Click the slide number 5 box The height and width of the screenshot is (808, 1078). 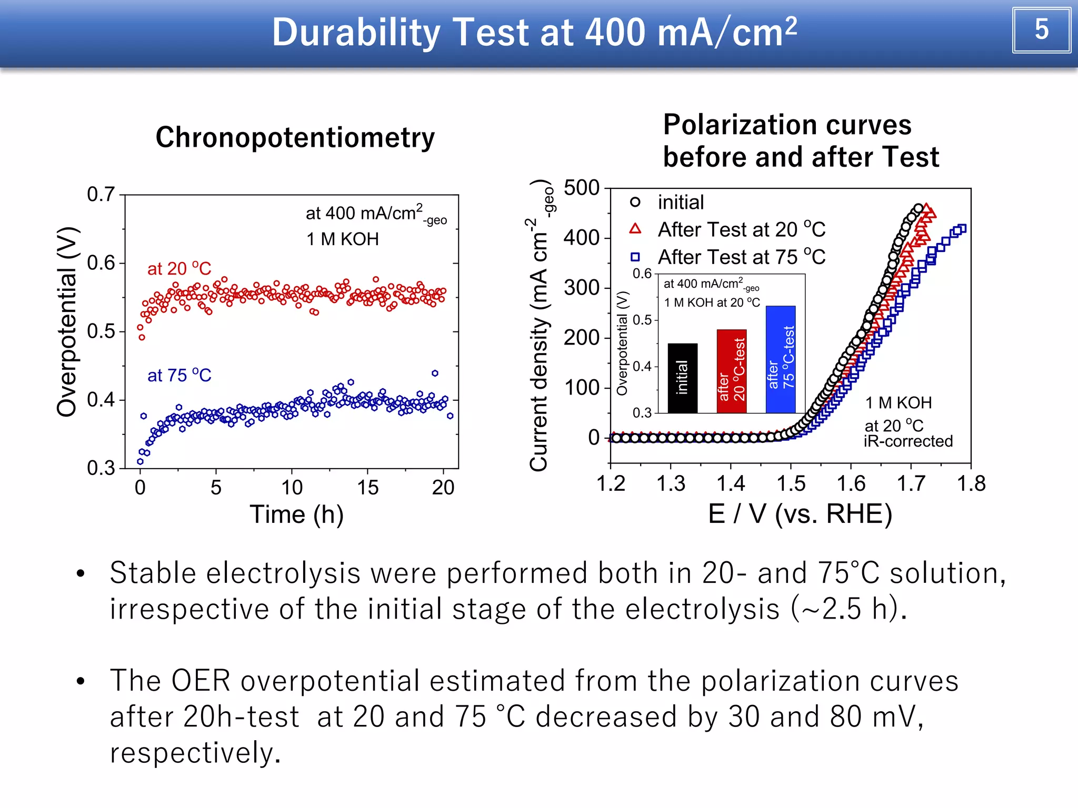click(x=1041, y=30)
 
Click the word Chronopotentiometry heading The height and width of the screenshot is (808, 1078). click(x=295, y=138)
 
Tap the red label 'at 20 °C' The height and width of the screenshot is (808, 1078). click(x=179, y=269)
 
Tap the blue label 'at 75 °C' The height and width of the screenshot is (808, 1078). click(x=179, y=376)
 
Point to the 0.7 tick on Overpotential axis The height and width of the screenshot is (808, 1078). click(x=101, y=195)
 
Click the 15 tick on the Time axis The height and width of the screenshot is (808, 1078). click(x=367, y=488)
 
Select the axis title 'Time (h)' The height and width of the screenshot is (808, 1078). click(x=296, y=514)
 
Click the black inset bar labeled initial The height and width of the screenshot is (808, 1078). click(x=682, y=378)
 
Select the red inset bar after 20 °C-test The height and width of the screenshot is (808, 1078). click(x=731, y=371)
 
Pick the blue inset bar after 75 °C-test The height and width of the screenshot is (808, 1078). click(x=780, y=359)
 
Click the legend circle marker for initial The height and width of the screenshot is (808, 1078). click(x=635, y=202)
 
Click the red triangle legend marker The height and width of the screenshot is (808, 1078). click(x=635, y=229)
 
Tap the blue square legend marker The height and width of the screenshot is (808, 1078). click(x=635, y=257)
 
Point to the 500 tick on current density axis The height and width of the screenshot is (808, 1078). click(x=582, y=188)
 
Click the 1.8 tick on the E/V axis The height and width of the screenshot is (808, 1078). click(x=971, y=483)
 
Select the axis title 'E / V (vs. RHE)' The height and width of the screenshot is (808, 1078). click(x=800, y=514)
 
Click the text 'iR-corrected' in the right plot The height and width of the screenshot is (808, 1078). click(x=908, y=441)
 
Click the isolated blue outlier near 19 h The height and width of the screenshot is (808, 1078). click(x=435, y=373)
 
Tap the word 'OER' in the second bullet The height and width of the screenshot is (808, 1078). click(x=201, y=681)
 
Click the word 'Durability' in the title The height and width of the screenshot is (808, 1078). click(x=356, y=33)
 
